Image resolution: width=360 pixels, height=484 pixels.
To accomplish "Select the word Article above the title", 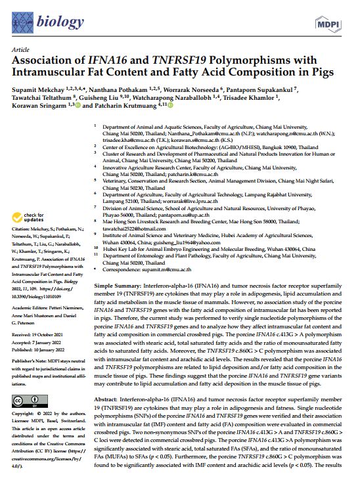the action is click(20, 51).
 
